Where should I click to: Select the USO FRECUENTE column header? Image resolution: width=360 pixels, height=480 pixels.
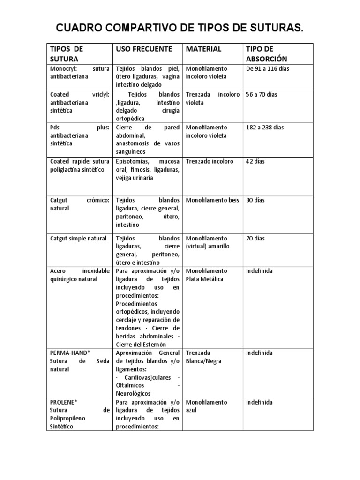pyautogui.click(x=144, y=49)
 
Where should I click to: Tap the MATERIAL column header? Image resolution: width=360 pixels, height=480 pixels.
pyautogui.click(x=204, y=49)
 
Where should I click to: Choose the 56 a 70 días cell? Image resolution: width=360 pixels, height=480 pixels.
pyautogui.click(x=262, y=94)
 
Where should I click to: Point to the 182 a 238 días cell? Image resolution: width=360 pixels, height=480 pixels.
pyautogui.click(x=265, y=127)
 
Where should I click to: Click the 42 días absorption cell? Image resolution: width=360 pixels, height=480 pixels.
pyautogui.click(x=255, y=161)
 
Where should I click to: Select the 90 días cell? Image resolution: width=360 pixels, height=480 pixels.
pyautogui.click(x=255, y=200)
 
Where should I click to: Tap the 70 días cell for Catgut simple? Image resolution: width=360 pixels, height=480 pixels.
pyautogui.click(x=255, y=239)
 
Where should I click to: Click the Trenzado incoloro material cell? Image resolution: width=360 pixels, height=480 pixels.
pyautogui.click(x=210, y=161)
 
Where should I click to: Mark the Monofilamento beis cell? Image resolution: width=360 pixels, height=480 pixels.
pyautogui.click(x=212, y=200)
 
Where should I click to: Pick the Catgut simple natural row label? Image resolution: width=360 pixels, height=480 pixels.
pyautogui.click(x=78, y=239)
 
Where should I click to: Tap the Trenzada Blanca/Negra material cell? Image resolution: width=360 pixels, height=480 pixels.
pyautogui.click(x=204, y=357)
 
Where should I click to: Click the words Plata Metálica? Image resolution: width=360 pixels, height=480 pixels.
pyautogui.click(x=205, y=279)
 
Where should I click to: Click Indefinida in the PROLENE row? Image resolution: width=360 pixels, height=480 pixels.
pyautogui.click(x=259, y=402)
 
